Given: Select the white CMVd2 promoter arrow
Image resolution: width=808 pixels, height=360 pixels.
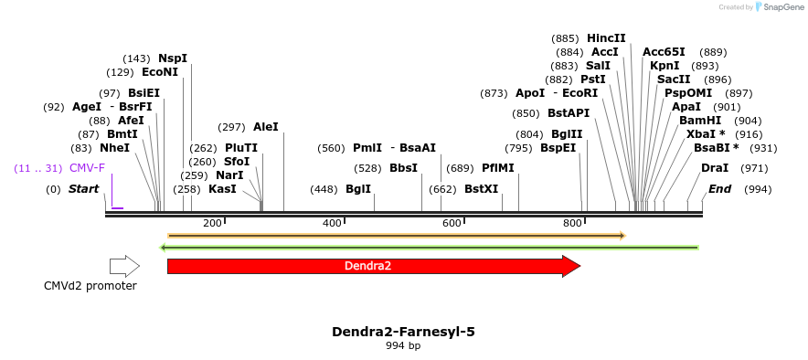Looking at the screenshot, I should coord(124,266).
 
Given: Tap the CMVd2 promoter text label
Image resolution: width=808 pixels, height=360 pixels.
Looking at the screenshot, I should coord(90,286).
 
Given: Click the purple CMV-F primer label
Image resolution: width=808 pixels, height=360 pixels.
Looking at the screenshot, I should coord(87,168).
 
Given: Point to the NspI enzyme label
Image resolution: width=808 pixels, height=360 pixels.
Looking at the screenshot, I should coord(173,58).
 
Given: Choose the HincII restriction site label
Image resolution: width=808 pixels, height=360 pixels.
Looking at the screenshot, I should coord(606,38).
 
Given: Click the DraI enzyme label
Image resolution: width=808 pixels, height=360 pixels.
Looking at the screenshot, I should coord(715,168).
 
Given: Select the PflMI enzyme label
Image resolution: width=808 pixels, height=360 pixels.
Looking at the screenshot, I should coord(498,168).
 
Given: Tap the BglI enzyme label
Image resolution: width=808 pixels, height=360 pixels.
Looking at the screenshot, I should coord(358,189).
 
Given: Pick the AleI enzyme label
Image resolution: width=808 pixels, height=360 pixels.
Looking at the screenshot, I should coord(266,127).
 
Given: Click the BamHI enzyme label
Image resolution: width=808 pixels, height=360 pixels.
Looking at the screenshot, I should coord(700,121).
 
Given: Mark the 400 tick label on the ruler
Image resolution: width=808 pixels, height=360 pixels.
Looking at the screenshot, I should coord(332,223).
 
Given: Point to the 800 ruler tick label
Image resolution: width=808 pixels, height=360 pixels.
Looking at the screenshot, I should coord(573,223).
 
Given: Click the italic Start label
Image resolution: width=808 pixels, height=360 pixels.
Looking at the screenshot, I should coord(83,189).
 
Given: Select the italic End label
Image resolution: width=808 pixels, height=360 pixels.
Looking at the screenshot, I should coord(720,189).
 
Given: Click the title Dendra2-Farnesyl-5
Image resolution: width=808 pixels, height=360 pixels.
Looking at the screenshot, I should coord(403,331).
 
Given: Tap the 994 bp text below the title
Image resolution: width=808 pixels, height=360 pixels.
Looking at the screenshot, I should coord(403,345).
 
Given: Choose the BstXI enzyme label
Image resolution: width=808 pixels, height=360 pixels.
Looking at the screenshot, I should coord(482,189).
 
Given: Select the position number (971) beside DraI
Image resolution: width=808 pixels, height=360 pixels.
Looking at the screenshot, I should coord(754,168).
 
